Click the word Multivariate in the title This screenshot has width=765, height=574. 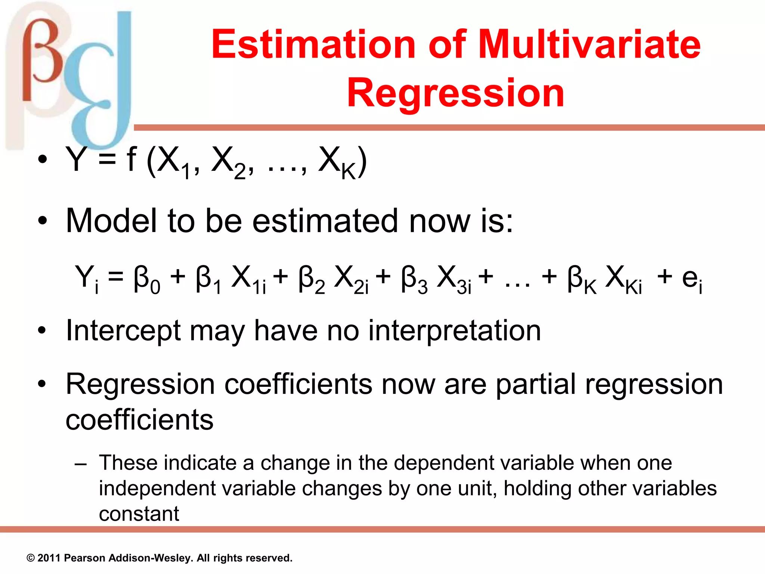(x=589, y=45)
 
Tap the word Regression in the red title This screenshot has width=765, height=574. (x=455, y=93)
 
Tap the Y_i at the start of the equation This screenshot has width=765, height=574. (x=87, y=278)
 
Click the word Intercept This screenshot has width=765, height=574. (x=123, y=331)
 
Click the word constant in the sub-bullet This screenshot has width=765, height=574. (x=139, y=514)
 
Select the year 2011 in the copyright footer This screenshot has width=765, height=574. (x=49, y=558)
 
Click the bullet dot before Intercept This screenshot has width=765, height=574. (x=42, y=331)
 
